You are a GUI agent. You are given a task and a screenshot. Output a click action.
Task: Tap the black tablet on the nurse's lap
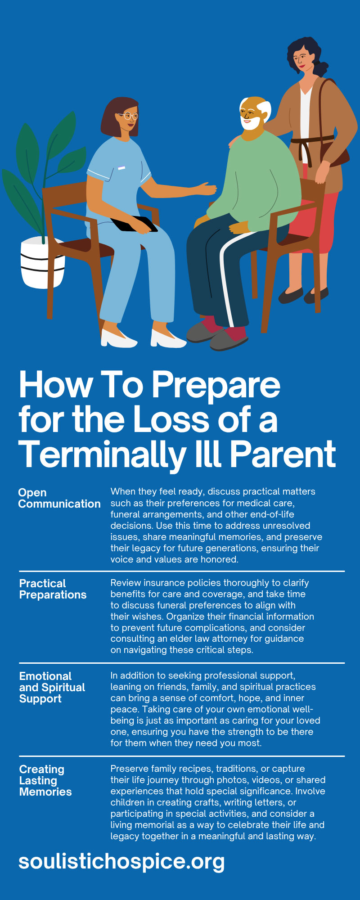point(134,224)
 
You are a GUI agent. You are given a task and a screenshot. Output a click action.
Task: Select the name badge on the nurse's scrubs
point(121,168)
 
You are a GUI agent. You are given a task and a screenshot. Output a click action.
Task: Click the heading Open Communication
point(59,498)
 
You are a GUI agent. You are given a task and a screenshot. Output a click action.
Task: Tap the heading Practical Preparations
point(53,589)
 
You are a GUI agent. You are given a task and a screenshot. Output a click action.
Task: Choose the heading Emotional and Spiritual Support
point(52,688)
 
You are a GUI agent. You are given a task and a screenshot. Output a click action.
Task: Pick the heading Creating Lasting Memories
point(45,781)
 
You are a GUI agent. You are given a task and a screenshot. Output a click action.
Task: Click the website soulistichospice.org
point(121,862)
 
